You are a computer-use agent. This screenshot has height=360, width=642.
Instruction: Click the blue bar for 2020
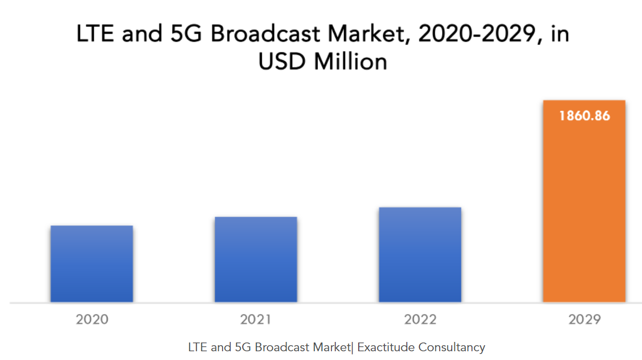tap(92, 264)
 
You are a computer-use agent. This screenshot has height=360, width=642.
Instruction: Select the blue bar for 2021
tap(256, 259)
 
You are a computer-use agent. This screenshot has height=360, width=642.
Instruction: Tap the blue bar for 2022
tap(420, 254)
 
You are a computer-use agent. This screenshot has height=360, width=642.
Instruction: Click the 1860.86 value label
tap(584, 116)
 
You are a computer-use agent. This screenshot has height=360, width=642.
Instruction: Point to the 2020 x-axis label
tap(92, 320)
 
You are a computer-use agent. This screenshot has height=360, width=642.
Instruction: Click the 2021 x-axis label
tap(256, 320)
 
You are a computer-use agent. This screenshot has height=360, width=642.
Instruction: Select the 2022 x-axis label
tap(420, 320)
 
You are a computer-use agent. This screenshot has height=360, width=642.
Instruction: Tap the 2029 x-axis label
tap(584, 320)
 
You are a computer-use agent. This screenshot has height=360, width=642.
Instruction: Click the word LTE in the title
tap(96, 34)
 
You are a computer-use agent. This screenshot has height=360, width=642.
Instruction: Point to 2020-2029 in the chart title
tap(481, 34)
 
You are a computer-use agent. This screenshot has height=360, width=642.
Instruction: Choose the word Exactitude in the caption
tap(386, 347)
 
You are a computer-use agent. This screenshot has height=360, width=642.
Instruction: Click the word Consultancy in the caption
tap(452, 347)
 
